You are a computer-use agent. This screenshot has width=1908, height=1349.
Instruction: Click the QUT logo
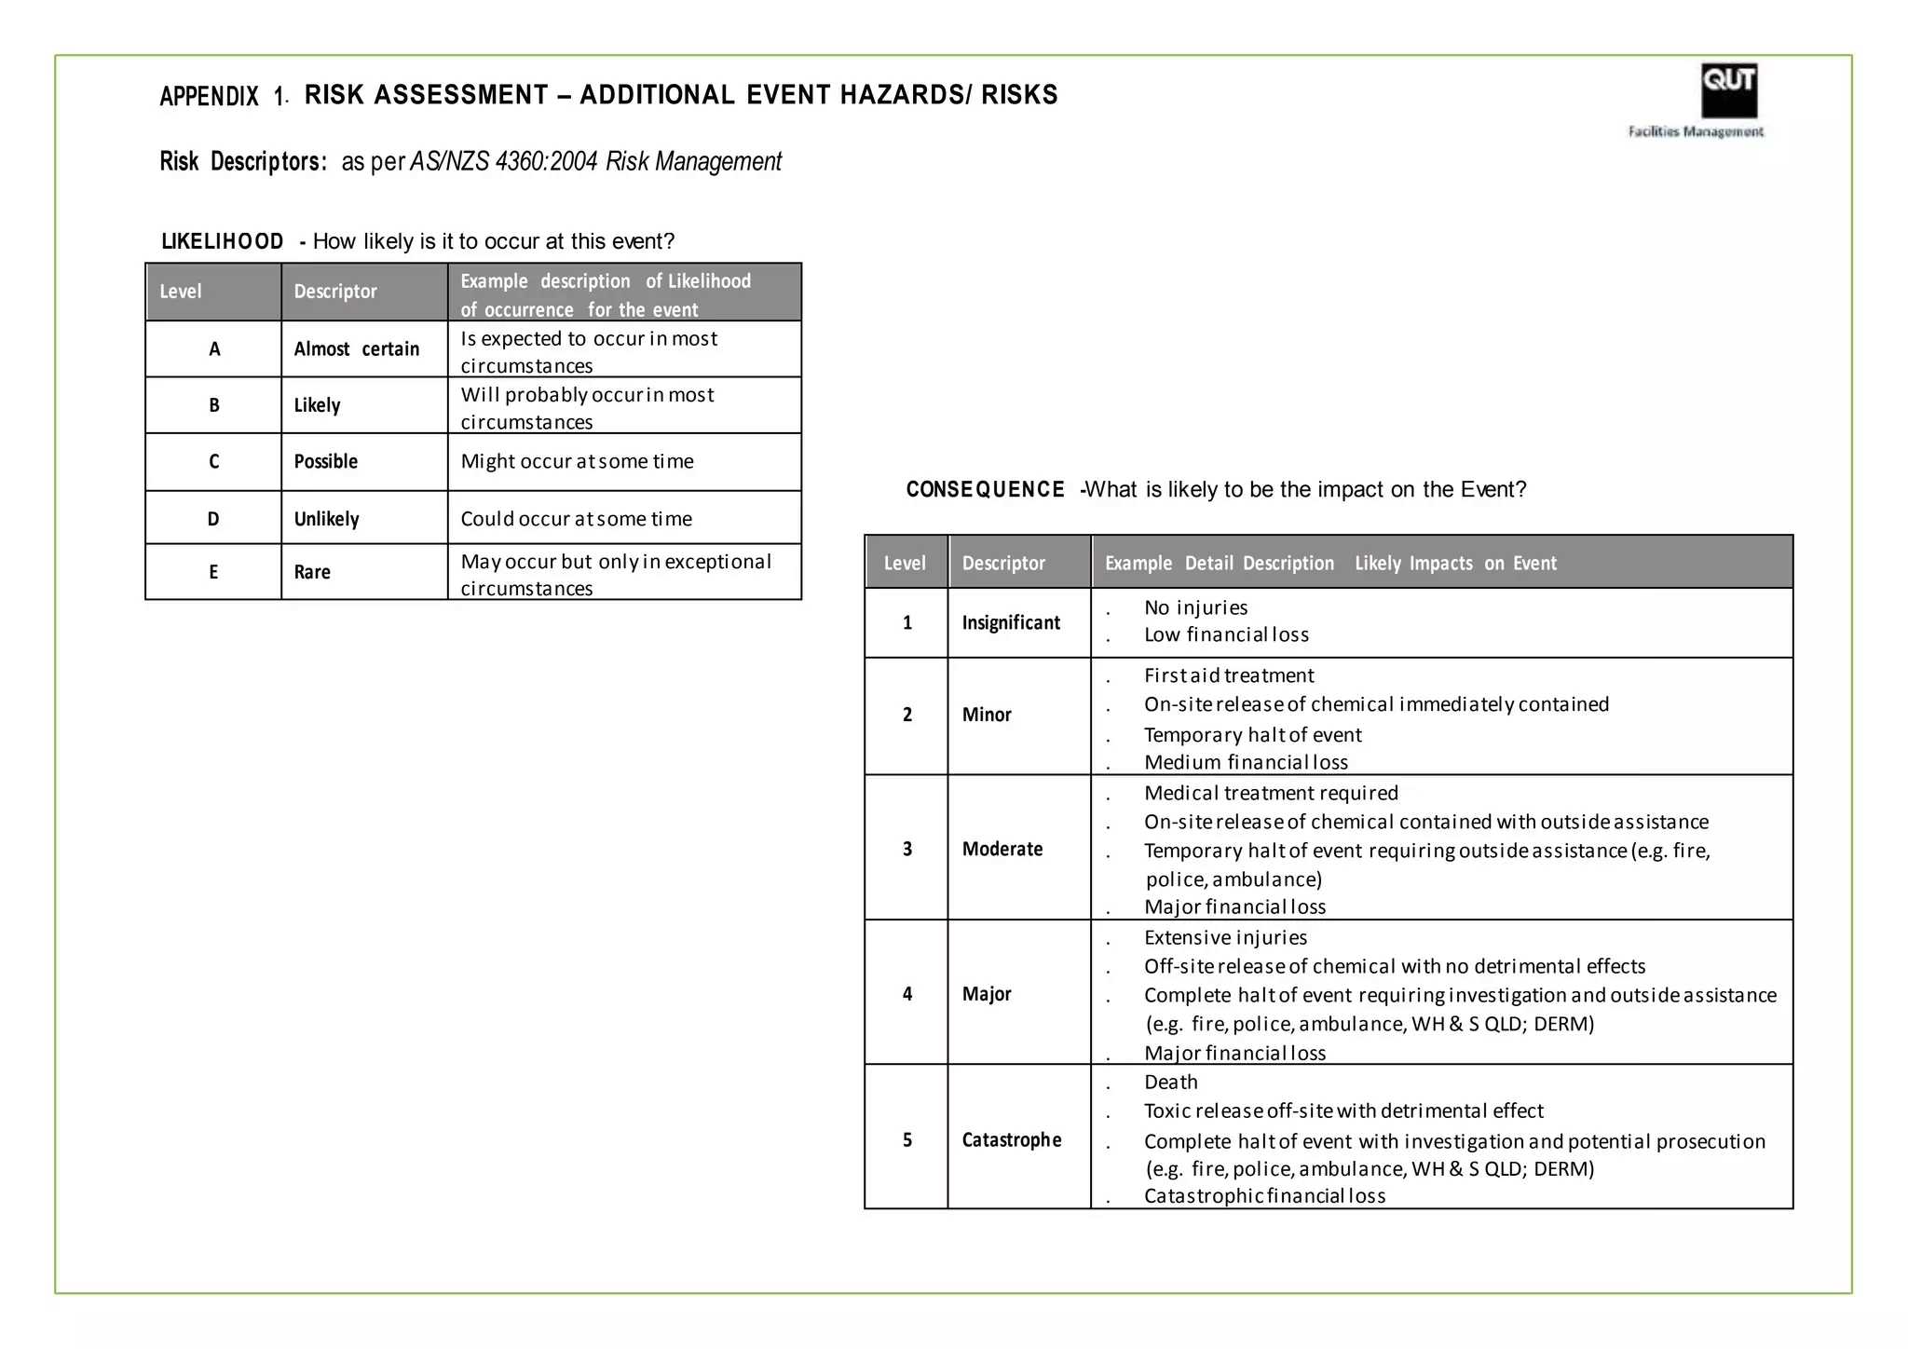coord(1728,90)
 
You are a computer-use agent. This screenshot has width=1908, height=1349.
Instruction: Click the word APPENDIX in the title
coord(210,96)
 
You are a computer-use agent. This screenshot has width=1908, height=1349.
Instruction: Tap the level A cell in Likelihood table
coord(214,349)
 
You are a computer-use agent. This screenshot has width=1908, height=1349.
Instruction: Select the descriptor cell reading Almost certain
coord(357,349)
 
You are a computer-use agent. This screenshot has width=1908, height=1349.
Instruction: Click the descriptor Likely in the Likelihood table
coord(318,405)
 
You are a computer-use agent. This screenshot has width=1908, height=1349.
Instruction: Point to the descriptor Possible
coord(326,461)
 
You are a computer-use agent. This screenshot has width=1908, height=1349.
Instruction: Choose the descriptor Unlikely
coord(327,519)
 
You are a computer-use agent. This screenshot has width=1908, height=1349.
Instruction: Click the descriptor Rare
coord(313,572)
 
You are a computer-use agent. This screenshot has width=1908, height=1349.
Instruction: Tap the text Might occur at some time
coord(577,461)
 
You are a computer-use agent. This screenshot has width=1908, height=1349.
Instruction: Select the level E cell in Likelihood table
coord(214,572)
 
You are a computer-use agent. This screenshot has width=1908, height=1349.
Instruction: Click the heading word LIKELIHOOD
coord(223,241)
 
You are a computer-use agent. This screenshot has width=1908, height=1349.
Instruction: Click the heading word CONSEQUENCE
coord(985,489)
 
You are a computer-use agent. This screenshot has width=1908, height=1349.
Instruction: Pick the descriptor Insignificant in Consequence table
coord(1011,622)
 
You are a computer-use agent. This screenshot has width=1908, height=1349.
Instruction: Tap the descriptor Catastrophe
coord(1012,1139)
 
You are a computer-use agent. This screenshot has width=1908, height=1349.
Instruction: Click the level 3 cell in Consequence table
coord(907,849)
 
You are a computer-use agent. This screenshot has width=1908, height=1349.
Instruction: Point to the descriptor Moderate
coord(1002,849)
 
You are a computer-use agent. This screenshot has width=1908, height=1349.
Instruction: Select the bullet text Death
coord(1171,1082)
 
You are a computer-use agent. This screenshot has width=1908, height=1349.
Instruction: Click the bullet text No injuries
coord(1195,607)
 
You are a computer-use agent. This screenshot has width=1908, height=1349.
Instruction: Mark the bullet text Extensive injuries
coord(1225,937)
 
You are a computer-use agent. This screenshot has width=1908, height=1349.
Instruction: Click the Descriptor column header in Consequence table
coord(1003,563)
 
